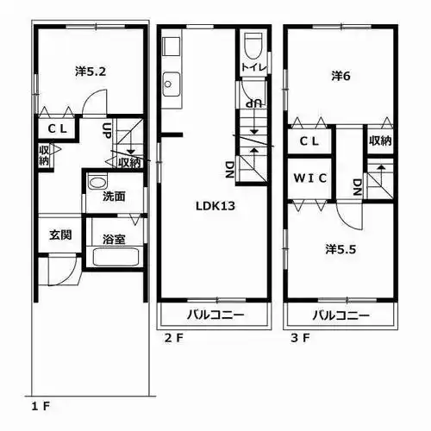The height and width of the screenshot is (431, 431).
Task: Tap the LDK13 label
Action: [214, 206]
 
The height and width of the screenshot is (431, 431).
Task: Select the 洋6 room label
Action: [340, 76]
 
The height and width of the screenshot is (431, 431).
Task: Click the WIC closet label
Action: [309, 178]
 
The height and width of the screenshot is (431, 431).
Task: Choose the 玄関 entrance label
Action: [59, 234]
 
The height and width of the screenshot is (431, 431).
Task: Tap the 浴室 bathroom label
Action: [114, 238]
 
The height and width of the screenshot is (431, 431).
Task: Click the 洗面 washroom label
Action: [113, 196]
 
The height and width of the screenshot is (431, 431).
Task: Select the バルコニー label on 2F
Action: [214, 314]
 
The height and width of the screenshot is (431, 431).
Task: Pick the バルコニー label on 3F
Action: [340, 314]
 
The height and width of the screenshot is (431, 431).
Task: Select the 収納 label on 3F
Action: [380, 141]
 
